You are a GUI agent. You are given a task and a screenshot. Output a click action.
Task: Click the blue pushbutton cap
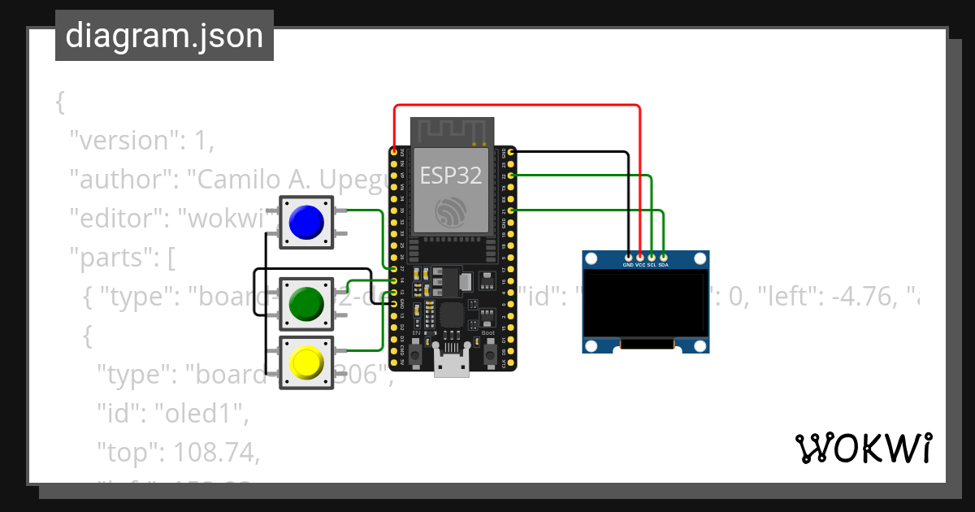tap(306, 222)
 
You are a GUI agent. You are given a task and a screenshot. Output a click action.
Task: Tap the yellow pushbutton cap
tap(306, 362)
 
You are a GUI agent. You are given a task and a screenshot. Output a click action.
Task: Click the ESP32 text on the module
tap(450, 175)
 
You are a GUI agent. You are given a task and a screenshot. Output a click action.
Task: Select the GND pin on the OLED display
tap(628, 258)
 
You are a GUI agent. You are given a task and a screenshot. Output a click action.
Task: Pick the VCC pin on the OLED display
tap(640, 258)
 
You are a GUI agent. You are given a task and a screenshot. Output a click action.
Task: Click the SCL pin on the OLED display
tap(652, 258)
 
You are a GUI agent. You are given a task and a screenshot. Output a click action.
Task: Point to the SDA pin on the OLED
tap(664, 258)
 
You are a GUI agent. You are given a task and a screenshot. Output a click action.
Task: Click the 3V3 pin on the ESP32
tap(395, 151)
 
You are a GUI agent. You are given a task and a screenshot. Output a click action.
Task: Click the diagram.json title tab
tap(164, 36)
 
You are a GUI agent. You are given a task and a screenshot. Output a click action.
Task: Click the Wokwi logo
tap(863, 449)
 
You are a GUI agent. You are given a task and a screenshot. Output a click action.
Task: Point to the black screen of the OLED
tap(646, 306)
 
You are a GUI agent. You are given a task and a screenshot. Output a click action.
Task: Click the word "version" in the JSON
tap(122, 141)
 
